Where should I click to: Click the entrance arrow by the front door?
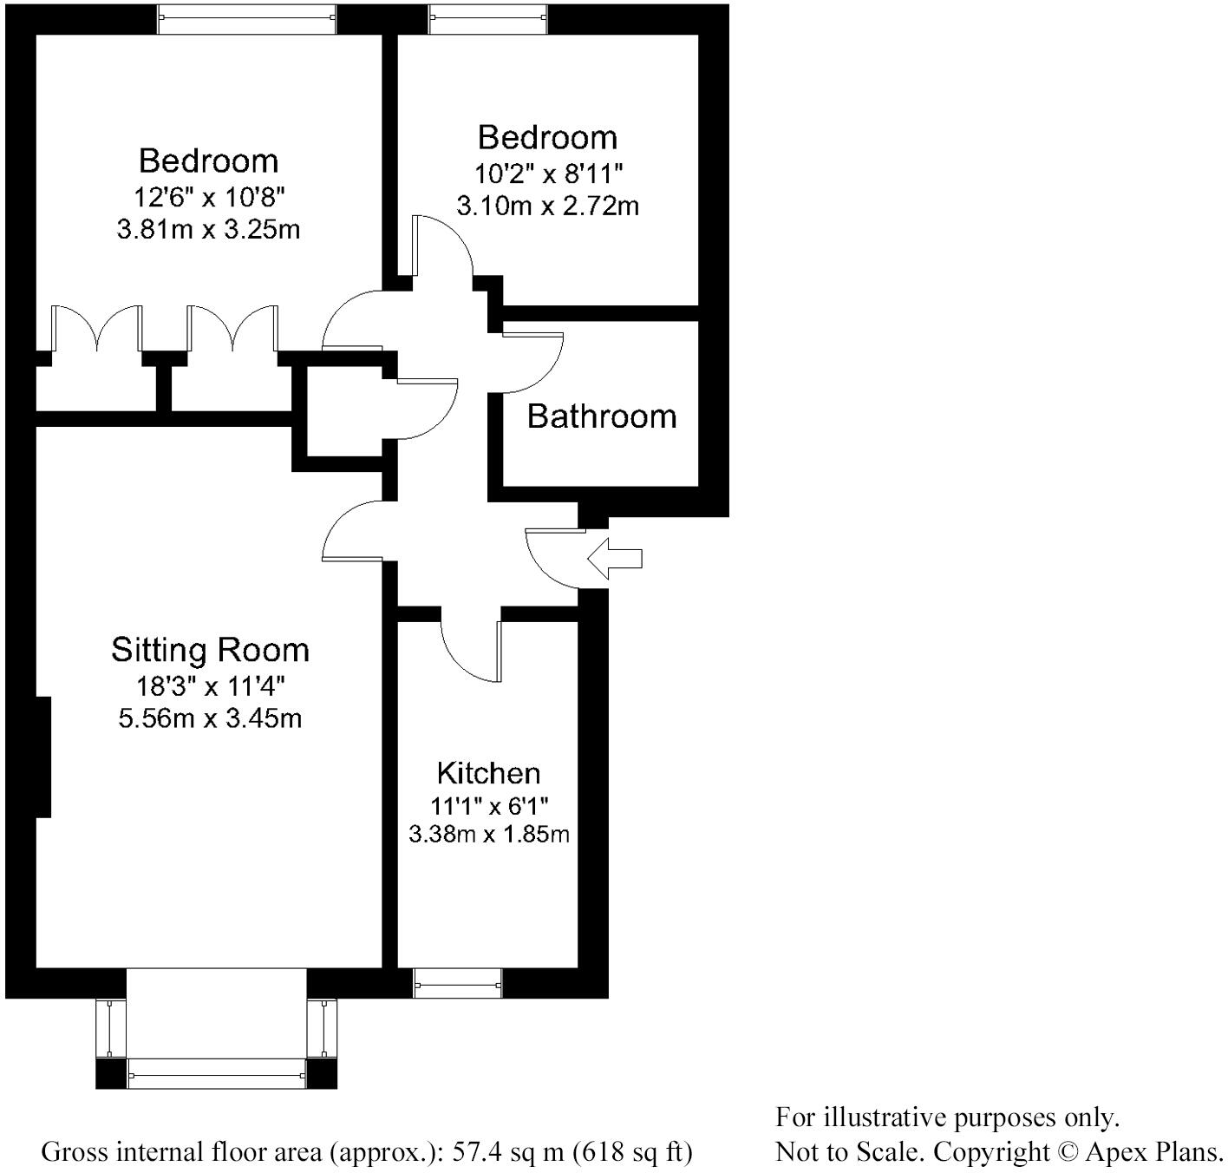pos(614,559)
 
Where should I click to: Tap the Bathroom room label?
pos(601,416)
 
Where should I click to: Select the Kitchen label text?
pos(489,773)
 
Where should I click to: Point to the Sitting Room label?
pos(210,650)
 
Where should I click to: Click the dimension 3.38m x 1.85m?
pos(489,835)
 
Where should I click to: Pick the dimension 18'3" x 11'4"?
pos(210,685)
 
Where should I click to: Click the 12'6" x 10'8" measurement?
pos(209,197)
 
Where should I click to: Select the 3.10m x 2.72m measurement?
pos(547,206)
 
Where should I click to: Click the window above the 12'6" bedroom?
pos(247,19)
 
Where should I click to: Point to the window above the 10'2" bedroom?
pos(487,19)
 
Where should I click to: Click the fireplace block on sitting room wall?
pos(42,757)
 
